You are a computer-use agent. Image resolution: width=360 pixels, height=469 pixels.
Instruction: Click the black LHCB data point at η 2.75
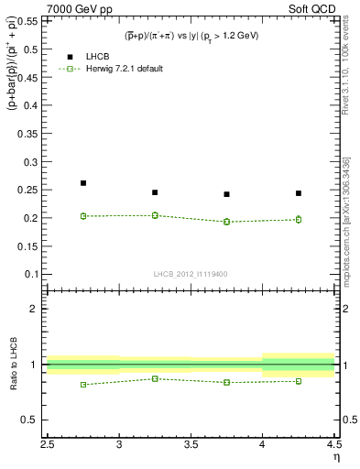(x=83, y=183)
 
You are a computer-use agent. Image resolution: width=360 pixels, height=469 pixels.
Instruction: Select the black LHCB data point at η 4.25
(x=299, y=193)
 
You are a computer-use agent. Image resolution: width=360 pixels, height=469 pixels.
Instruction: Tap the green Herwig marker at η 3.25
(x=155, y=215)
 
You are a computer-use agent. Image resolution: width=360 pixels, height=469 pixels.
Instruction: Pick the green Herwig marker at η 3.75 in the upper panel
(x=227, y=222)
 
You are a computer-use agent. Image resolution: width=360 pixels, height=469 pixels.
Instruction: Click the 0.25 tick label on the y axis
(x=30, y=190)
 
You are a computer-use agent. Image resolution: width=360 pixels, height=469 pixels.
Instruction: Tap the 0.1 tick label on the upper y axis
(x=33, y=274)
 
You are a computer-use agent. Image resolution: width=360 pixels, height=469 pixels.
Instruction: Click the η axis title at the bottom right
(x=335, y=457)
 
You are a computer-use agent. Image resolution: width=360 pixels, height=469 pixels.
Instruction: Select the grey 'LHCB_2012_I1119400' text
(x=191, y=274)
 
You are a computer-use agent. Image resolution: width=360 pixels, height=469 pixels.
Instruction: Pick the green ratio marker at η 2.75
(x=83, y=385)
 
